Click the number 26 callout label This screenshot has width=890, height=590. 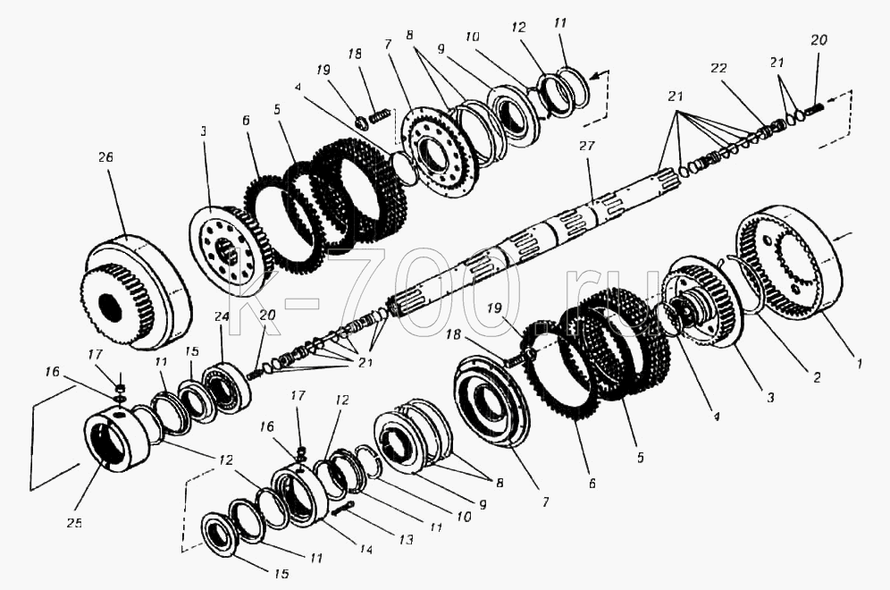tap(105, 157)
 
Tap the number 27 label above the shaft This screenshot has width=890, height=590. tap(587, 146)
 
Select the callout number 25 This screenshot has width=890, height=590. tap(74, 522)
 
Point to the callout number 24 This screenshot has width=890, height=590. tap(222, 316)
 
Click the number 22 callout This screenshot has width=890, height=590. tap(718, 69)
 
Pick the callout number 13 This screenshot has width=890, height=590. tap(406, 539)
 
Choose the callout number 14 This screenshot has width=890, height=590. tap(367, 549)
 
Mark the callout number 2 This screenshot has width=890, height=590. tap(817, 377)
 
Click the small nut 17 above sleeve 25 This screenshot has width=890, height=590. tap(121, 389)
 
